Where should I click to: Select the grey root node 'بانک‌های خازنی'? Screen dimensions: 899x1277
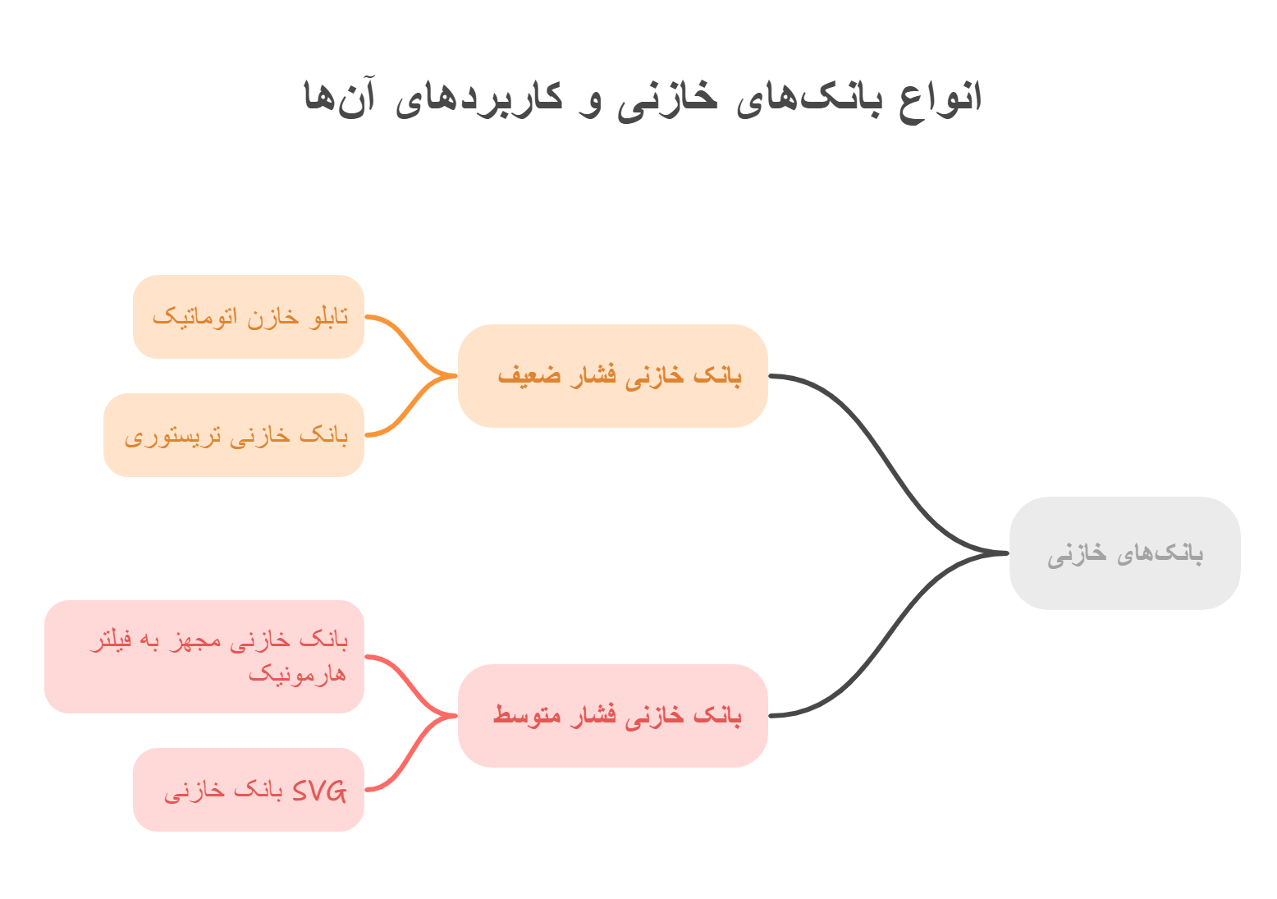(x=1124, y=553)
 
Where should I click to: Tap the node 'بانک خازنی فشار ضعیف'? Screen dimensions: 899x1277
(x=612, y=376)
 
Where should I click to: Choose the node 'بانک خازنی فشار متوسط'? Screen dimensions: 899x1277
(x=612, y=715)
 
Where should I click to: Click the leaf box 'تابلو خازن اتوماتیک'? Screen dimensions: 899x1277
(x=249, y=317)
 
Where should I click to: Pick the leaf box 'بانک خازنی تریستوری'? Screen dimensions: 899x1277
(x=234, y=435)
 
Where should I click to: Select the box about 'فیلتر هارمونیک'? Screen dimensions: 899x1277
(x=204, y=657)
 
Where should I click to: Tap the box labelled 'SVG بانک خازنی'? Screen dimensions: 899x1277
(x=249, y=790)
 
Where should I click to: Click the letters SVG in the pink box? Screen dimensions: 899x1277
(x=319, y=791)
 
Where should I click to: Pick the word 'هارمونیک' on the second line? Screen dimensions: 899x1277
(x=297, y=675)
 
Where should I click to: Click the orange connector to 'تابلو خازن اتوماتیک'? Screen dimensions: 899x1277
(x=410, y=345)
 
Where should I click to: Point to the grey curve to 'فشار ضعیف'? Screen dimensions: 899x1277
(x=886, y=460)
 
